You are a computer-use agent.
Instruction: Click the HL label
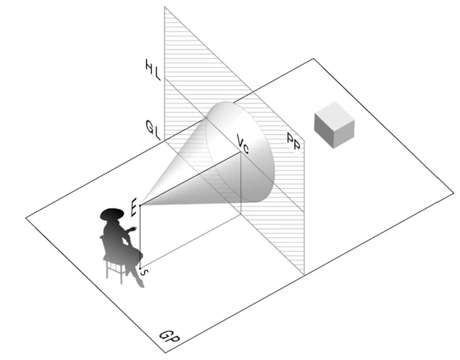[x=153, y=70]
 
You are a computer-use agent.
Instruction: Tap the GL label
[x=153, y=130]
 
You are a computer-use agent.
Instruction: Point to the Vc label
[x=243, y=144]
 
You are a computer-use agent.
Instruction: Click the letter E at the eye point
[x=134, y=207]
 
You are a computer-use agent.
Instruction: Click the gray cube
[x=334, y=125]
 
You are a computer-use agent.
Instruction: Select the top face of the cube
[x=334, y=113]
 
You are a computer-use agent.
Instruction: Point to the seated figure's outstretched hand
[x=134, y=228]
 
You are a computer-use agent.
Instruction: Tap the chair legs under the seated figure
[x=115, y=271]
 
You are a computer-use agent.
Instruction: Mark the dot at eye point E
[x=140, y=206]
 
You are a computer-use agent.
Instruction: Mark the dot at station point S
[x=140, y=269]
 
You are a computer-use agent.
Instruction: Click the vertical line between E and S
[x=140, y=237]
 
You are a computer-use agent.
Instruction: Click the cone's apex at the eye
[x=141, y=206]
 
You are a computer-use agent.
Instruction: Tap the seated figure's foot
[x=141, y=283]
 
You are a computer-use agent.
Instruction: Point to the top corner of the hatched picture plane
[x=164, y=6]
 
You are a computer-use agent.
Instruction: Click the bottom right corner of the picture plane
[x=304, y=275]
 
